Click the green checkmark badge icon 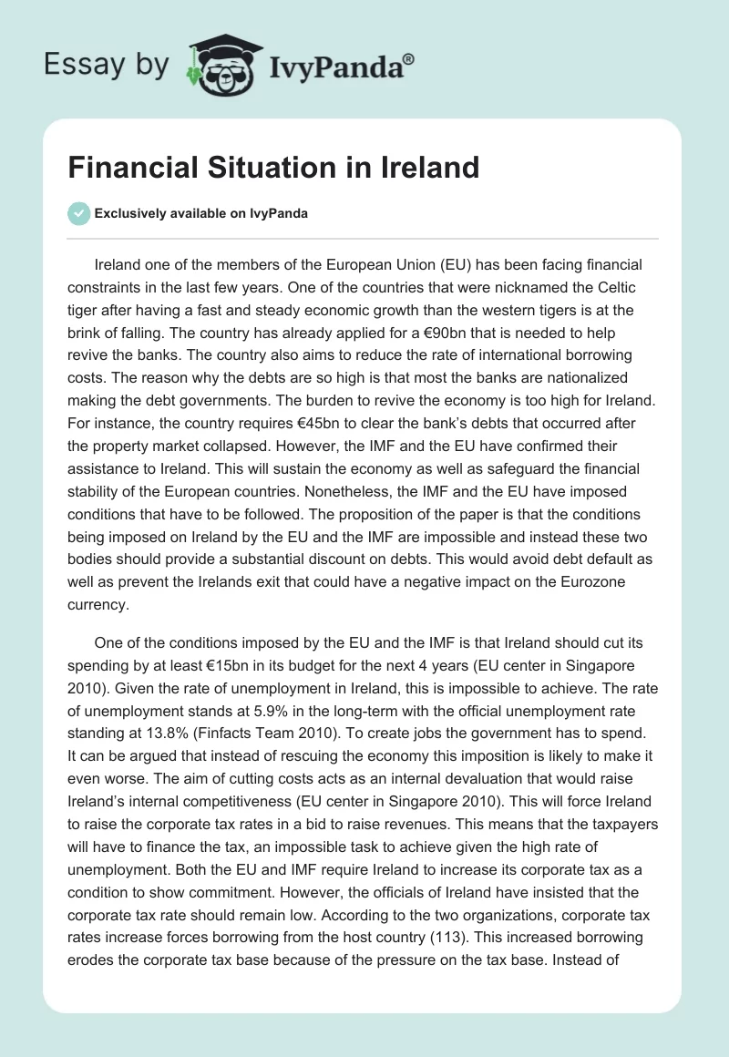78,213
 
